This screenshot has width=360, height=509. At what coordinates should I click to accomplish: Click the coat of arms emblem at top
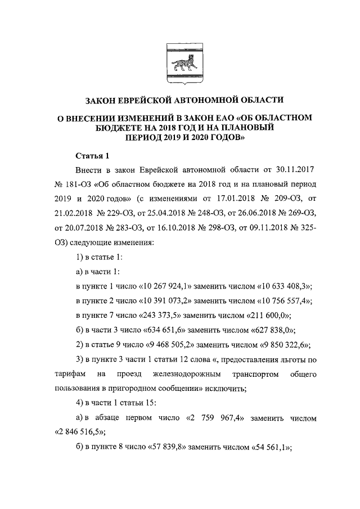[179, 62]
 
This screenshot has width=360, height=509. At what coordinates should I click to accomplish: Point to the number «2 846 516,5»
[82, 433]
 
